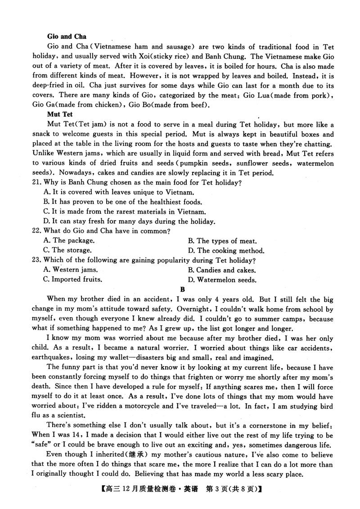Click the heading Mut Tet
tap(60, 114)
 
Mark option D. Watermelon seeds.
tap(222, 280)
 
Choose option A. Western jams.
tap(70, 270)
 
